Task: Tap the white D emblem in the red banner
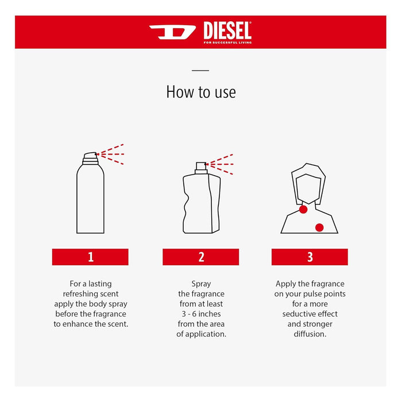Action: [172, 32]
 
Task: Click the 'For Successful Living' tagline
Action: [227, 42]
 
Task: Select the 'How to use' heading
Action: [201, 92]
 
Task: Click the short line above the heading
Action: [200, 71]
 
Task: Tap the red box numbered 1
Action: [90, 257]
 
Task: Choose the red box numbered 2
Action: [201, 257]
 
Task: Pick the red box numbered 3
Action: [310, 257]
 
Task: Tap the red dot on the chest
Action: [319, 227]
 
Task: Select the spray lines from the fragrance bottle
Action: [221, 164]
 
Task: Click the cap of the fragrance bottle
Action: [201, 168]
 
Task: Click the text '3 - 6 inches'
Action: [201, 314]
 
